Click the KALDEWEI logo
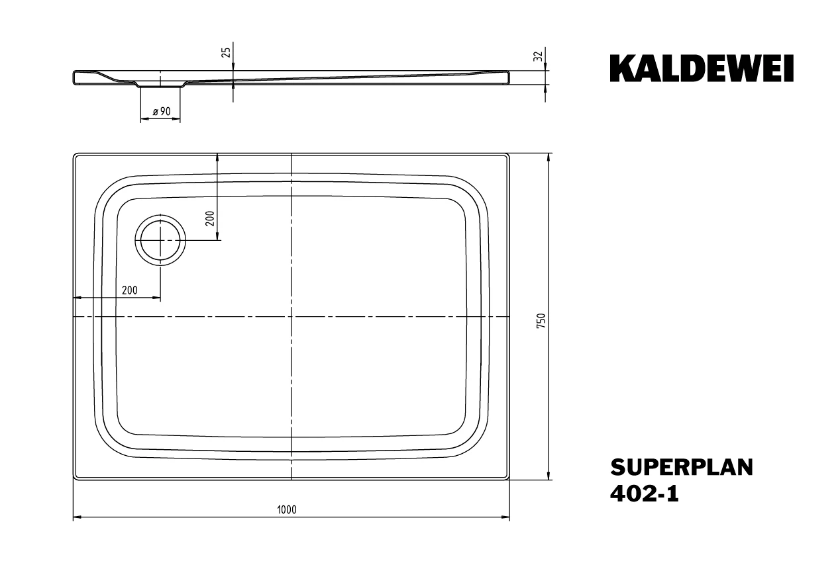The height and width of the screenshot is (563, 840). click(x=702, y=68)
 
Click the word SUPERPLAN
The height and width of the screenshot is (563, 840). click(x=682, y=468)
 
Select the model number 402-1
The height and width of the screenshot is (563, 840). click(x=645, y=494)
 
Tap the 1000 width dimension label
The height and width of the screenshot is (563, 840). click(x=287, y=510)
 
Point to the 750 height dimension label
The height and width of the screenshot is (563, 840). click(x=541, y=321)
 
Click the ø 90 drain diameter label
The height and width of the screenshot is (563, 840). click(x=162, y=111)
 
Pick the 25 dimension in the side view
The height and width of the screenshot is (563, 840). click(x=226, y=52)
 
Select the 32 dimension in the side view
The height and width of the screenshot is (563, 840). click(x=538, y=56)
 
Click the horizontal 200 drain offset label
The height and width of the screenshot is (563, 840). click(x=130, y=290)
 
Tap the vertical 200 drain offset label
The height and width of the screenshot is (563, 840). click(x=210, y=218)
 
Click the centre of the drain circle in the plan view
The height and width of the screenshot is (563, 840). click(x=160, y=240)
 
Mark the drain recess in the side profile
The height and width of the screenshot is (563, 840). click(x=160, y=85)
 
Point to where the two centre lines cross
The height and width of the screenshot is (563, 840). click(x=291, y=317)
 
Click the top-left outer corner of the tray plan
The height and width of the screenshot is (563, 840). click(x=74, y=153)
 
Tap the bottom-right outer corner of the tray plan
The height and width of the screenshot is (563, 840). click(x=509, y=480)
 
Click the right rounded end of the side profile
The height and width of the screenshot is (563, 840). click(x=509, y=77)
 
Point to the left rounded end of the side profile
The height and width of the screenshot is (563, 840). click(x=74, y=77)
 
